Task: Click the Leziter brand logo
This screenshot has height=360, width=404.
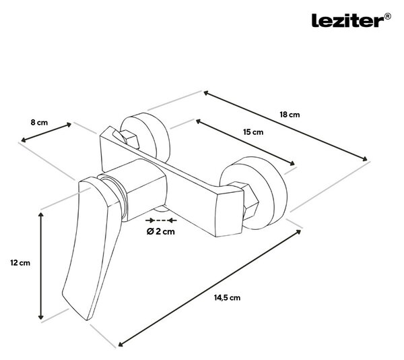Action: tap(348, 21)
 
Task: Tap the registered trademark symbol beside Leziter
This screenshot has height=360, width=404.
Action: tap(388, 17)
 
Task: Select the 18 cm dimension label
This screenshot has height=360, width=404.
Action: tap(290, 115)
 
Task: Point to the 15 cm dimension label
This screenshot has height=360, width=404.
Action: tap(253, 132)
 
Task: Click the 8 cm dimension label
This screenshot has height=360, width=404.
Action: tap(39, 122)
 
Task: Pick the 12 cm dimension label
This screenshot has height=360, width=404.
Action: tap(20, 263)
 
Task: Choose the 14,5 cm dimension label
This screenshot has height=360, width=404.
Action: tap(227, 298)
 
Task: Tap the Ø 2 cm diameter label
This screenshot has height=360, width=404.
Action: tap(161, 231)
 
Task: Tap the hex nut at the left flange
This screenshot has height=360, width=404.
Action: tap(131, 140)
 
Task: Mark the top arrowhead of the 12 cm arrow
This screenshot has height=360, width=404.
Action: tap(40, 214)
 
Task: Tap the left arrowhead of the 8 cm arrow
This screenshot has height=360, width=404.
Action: tap(24, 140)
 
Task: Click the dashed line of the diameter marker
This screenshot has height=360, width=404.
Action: tap(161, 220)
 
